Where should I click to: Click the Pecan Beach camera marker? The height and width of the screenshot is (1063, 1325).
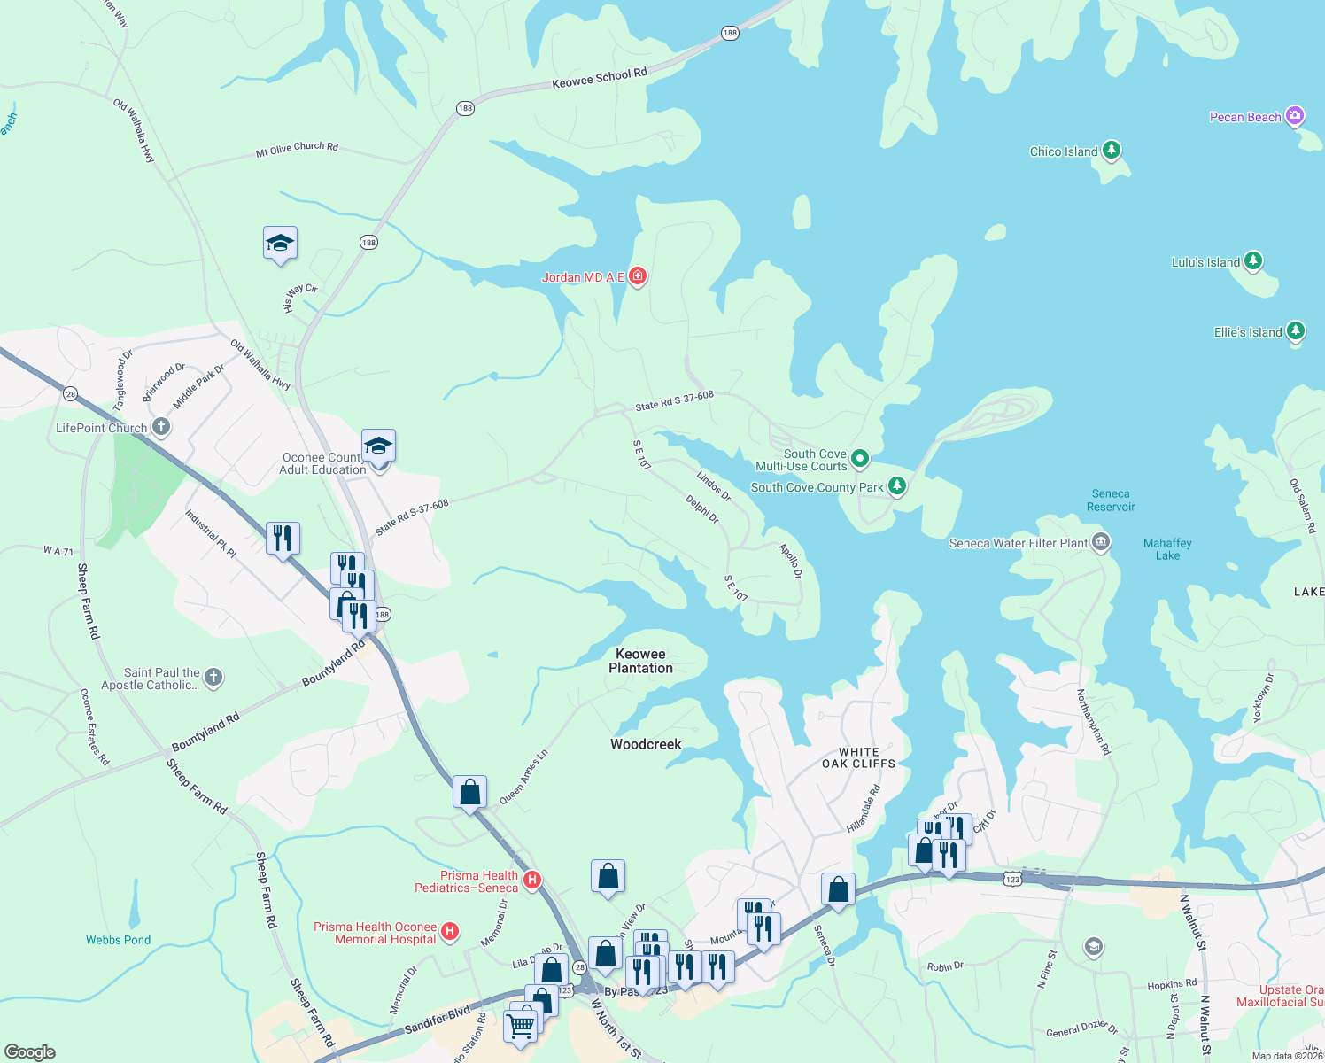1295,116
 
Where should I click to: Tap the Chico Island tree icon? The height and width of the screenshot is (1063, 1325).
1111,151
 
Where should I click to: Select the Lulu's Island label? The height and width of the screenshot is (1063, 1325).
1205,262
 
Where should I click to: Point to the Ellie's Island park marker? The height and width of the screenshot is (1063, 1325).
1295,331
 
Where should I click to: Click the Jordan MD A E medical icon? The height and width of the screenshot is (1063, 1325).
637,276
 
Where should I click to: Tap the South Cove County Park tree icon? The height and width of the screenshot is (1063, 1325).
896,486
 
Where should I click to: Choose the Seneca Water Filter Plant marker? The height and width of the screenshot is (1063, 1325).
1100,542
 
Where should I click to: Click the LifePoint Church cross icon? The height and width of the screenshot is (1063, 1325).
160,427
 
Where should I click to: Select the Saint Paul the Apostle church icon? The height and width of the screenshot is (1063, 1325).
213,678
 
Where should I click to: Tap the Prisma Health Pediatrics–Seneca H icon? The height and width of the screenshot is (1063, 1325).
531,880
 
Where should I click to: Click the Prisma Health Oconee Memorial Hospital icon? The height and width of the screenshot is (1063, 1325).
450,931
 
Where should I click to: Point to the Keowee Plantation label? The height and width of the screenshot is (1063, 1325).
640,661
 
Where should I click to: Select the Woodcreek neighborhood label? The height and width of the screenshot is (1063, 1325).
646,744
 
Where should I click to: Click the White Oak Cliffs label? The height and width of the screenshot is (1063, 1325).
858,757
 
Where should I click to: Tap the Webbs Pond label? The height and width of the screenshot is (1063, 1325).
118,940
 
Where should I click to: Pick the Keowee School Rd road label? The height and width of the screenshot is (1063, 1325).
600,79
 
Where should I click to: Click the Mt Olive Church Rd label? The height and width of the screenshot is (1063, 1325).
297,149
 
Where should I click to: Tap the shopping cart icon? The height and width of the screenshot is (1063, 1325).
520,1026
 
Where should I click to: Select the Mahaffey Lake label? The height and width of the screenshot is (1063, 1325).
1167,549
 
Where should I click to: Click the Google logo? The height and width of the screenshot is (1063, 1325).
30,1051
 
